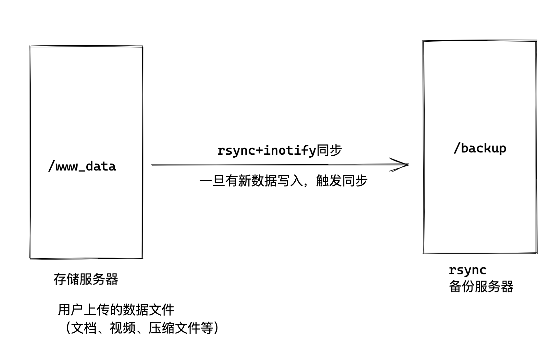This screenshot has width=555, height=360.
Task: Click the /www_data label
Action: click(82, 166)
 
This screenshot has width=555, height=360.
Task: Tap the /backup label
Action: click(480, 148)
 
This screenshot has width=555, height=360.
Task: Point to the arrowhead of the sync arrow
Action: click(406, 164)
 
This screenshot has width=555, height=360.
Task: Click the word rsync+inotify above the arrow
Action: click(266, 150)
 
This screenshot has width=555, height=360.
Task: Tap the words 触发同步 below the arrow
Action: click(341, 181)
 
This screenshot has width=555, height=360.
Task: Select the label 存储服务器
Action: click(86, 279)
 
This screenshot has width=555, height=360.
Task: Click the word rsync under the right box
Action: click(467, 270)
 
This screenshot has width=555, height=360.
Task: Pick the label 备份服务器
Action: click(481, 287)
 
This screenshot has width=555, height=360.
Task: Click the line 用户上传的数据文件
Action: click(116, 310)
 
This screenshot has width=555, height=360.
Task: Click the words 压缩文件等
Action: click(181, 328)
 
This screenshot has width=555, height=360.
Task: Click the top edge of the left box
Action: click(86, 46)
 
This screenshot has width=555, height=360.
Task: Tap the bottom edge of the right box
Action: click(480, 253)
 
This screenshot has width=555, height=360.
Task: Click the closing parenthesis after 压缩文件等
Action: click(216, 328)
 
